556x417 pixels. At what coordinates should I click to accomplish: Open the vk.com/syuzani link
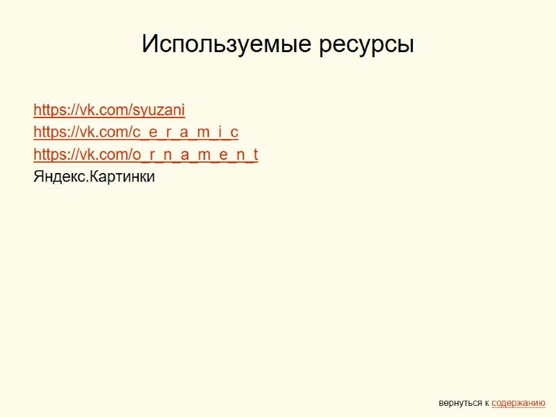[x=109, y=110]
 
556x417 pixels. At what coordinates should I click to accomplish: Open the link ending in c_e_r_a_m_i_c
[x=136, y=132]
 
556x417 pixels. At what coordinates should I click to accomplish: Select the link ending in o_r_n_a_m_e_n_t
[x=145, y=154]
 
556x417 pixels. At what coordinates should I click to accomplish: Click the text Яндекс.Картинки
[x=94, y=177]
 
